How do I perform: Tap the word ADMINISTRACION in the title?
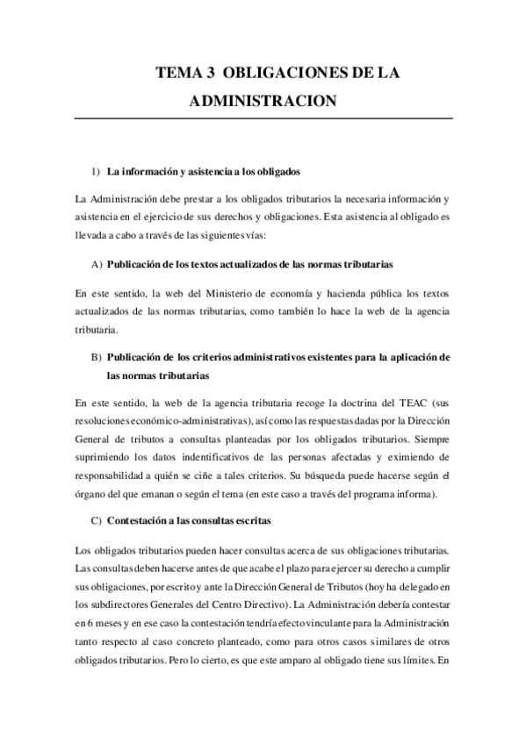263,102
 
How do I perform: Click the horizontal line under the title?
263,118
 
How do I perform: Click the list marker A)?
97,264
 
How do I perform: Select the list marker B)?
97,358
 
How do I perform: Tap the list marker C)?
97,519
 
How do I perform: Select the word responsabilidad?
114,477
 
